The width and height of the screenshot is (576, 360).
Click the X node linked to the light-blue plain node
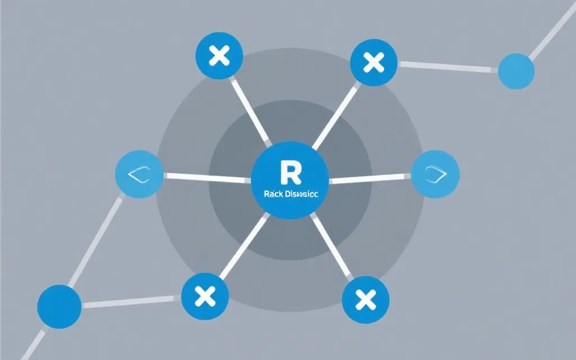pos(373,62)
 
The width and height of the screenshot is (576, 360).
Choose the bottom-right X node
pos(366,299)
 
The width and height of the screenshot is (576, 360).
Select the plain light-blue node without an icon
pos(516,71)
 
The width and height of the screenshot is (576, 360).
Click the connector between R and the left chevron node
pos(206,178)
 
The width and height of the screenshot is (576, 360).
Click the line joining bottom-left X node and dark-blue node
pos(132,302)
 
